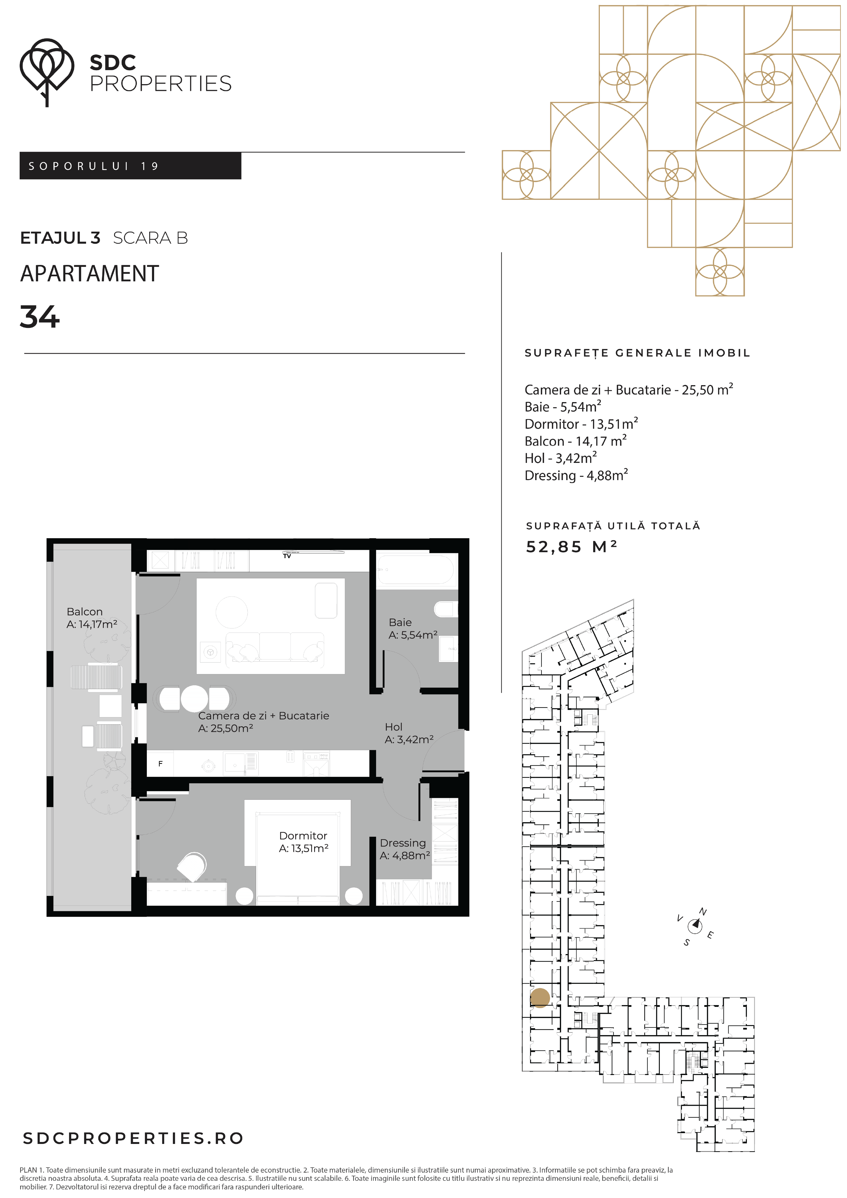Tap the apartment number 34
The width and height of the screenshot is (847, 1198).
tap(40, 317)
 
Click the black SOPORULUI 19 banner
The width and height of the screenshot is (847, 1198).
tap(130, 166)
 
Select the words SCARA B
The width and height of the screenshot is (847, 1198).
tap(150, 238)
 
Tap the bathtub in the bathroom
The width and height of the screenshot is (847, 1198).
tap(416, 570)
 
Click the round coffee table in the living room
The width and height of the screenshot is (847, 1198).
tap(232, 612)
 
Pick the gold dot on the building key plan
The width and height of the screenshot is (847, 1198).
tap(540, 998)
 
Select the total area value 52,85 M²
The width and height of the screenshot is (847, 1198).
tap(572, 547)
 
